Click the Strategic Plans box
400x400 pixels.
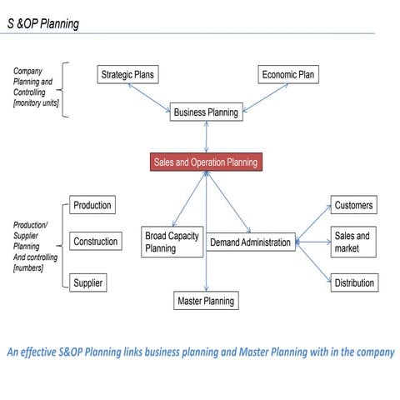[127, 75]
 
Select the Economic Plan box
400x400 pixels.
[287, 75]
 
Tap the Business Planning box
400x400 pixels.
[206, 112]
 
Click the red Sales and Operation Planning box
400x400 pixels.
[206, 162]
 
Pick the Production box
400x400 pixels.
[92, 206]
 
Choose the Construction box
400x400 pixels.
[95, 242]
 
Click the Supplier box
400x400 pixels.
[87, 283]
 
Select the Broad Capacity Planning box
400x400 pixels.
[172, 242]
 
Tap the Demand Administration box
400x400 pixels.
[250, 242]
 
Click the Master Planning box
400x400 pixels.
[206, 301]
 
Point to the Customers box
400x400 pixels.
[353, 206]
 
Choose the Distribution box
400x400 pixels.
[353, 283]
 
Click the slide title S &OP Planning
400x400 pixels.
[42, 23]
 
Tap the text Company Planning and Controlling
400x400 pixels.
[33, 87]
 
